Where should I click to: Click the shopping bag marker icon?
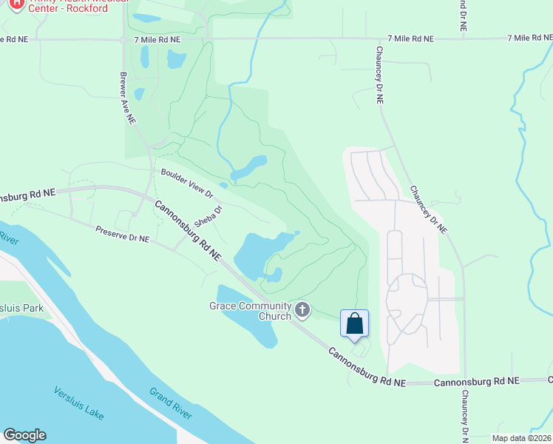(354, 324)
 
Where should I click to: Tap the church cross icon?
(302, 310)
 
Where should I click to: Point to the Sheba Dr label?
(208, 215)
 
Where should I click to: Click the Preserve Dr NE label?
(122, 235)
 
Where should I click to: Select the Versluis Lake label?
(78, 403)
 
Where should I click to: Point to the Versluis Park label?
(22, 308)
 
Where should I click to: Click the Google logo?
(24, 435)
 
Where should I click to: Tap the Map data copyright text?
(522, 438)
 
